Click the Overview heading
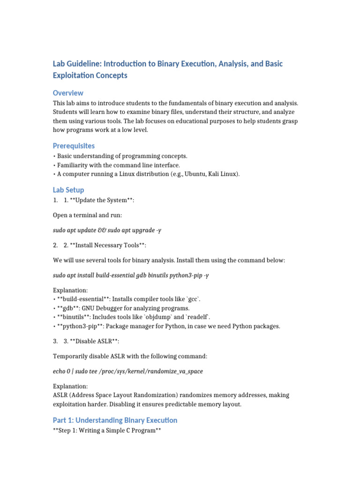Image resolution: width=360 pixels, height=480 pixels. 68,93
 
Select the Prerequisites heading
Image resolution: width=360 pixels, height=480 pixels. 74,146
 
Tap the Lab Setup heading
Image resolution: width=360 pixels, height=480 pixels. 68,190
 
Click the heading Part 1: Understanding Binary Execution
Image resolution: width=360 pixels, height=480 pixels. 115,420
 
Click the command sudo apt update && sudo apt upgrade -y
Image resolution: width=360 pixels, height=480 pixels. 107,231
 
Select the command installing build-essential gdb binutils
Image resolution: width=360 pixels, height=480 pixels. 130,275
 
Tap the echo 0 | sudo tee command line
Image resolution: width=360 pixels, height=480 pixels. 127,371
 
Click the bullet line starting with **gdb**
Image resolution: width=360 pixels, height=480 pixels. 123,308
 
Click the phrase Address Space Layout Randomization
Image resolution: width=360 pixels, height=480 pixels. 123,395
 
